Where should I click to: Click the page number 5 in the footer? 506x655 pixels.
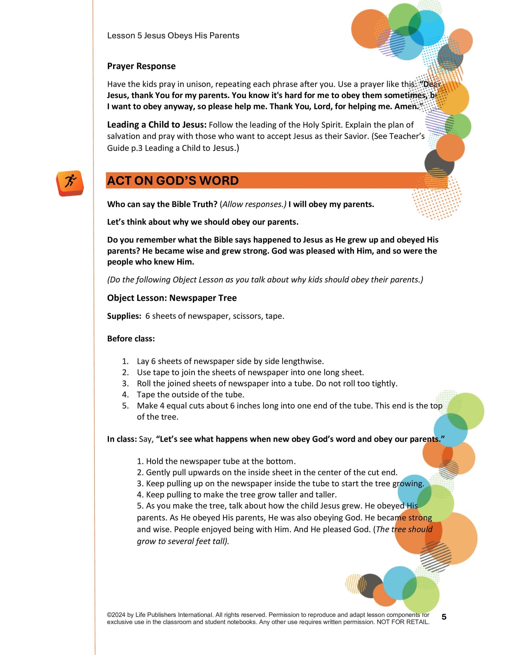[x=444, y=617]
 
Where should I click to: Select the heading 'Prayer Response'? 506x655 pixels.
[x=141, y=66]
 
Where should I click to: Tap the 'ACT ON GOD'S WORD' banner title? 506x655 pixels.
[x=173, y=181]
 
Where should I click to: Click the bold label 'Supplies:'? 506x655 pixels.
[x=124, y=316]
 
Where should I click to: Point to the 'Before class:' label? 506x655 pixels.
[x=131, y=339]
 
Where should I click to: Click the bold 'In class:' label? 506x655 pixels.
[x=122, y=439]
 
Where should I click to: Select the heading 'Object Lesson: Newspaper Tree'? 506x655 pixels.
[x=172, y=298]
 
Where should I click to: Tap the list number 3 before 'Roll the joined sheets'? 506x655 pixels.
[x=125, y=384]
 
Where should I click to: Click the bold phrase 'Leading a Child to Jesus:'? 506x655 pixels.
[x=157, y=125]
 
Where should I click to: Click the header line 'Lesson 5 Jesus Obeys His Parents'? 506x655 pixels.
[x=173, y=36]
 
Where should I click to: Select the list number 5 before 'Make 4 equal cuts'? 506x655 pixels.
[x=125, y=406]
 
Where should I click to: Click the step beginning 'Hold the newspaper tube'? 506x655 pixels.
[x=221, y=461]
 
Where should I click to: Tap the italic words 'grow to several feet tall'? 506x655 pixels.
[x=182, y=541]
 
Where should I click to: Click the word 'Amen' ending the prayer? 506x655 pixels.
[x=406, y=106]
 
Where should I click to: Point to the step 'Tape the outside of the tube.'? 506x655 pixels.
[x=190, y=395]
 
